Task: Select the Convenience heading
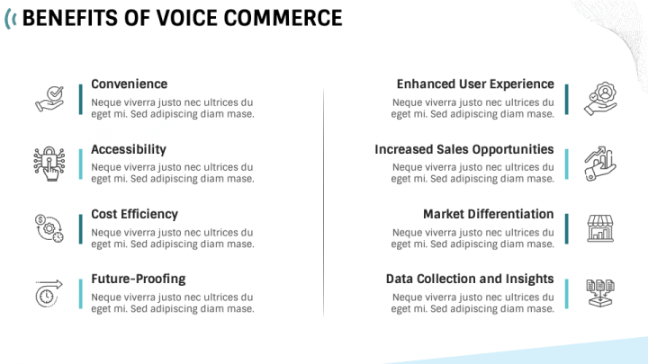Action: pos(129,84)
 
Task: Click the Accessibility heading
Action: pos(129,149)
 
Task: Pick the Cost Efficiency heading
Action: pos(134,214)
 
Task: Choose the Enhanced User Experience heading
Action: pos(475,84)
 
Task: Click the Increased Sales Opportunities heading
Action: pos(464,149)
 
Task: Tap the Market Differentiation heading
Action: pos(489,214)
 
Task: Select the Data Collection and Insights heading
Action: pos(470,279)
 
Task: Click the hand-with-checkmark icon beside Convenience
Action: pos(49,98)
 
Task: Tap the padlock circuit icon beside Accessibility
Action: pos(49,163)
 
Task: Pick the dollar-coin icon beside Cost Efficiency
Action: pos(49,228)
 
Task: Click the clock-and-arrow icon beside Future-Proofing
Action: pos(49,293)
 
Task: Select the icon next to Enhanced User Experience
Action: pos(599,98)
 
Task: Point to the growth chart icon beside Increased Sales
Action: pos(599,163)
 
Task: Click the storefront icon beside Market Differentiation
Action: pos(599,228)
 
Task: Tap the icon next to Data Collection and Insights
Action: pos(599,293)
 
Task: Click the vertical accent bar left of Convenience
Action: pos(80,99)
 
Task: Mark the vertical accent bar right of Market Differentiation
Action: pos(567,228)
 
